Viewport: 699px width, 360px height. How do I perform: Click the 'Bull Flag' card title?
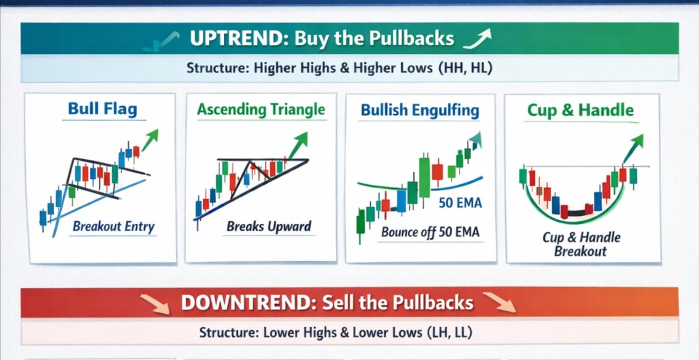102,109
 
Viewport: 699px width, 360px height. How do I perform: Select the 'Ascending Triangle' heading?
261,110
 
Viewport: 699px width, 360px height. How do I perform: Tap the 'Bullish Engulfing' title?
420,110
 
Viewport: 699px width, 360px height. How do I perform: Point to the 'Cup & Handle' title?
580,110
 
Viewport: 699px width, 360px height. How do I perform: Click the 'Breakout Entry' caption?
113,226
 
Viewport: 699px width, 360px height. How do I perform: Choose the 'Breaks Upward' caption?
269,226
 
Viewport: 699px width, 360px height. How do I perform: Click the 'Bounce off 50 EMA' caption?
430,232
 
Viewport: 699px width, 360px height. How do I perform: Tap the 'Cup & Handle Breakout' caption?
581,244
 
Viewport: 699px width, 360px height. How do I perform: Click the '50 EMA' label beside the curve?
460,203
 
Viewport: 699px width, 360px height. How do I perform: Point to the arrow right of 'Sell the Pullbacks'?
499,302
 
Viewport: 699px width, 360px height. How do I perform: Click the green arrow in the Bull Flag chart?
150,139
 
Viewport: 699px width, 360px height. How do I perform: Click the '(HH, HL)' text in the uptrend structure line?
465,68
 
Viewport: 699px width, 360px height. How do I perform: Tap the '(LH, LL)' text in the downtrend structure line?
449,332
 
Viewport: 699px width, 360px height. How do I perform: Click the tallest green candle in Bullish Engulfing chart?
425,177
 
